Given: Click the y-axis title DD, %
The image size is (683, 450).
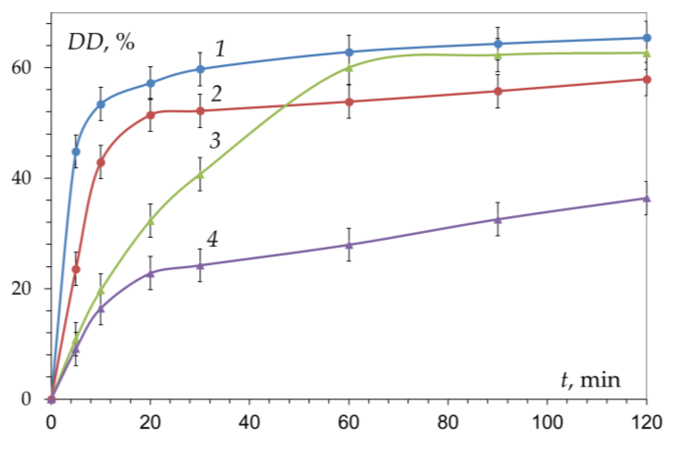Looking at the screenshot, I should pyautogui.click(x=101, y=43).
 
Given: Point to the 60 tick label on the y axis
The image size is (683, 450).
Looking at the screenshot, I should pyautogui.click(x=22, y=68).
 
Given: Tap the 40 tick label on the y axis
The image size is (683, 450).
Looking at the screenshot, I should pyautogui.click(x=22, y=178).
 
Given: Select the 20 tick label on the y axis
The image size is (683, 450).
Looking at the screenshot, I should pyautogui.click(x=22, y=288).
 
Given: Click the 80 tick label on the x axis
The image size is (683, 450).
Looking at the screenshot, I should pyautogui.click(x=448, y=422).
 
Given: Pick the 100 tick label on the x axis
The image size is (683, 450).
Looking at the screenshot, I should pyautogui.click(x=547, y=422).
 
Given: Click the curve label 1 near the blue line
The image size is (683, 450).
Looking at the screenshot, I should pyautogui.click(x=220, y=49).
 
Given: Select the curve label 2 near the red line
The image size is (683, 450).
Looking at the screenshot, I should pyautogui.click(x=216, y=94).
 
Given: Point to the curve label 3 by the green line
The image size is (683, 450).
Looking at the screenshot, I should pyautogui.click(x=215, y=141).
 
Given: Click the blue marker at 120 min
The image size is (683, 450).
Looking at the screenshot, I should pyautogui.click(x=647, y=38).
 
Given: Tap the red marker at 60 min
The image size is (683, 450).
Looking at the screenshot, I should pyautogui.click(x=349, y=102).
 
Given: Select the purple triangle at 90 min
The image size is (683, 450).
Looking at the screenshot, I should pyautogui.click(x=498, y=219).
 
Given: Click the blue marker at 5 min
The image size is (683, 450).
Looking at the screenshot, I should pyautogui.click(x=76, y=152).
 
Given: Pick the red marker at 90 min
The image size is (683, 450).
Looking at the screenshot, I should pyautogui.click(x=498, y=91).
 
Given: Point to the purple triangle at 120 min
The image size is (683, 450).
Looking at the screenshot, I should pyautogui.click(x=647, y=198).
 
